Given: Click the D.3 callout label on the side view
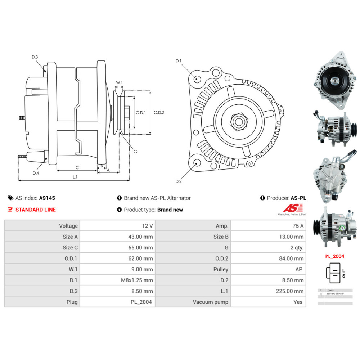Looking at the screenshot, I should pos(35,57).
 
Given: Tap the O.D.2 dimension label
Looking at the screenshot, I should pos(159,112).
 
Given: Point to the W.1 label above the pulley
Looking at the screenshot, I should pos(119,83).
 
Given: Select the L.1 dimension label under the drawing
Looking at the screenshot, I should pos(75,176).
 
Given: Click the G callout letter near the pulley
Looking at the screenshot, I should pos(135,152).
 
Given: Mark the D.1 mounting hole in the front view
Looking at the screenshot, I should pos(197,79).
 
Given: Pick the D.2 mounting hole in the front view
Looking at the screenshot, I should pos(197,163).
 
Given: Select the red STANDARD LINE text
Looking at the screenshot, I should pos(36,210).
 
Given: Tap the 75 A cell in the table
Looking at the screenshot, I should pos(298,226).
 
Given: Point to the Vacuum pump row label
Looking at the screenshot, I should pos(210,302).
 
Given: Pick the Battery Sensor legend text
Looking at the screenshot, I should pos(335,294).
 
